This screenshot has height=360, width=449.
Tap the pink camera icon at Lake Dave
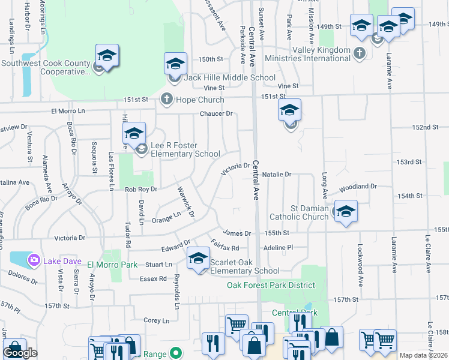coord(34,259)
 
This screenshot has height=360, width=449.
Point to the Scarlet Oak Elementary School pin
coord(197,259)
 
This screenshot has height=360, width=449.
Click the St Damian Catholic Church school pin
coord(346,212)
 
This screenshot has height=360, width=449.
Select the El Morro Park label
coord(112,265)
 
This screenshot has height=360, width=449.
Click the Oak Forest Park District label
coord(271,285)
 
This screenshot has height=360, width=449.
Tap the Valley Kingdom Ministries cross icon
coord(360,54)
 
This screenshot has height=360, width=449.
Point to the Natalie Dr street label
coord(277,175)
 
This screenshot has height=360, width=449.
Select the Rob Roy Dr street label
coord(140,189)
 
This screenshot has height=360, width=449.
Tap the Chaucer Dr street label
coord(216,113)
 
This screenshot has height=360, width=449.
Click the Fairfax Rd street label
coord(226,245)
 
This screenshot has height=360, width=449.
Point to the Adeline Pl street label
coord(277,247)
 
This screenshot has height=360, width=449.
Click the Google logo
coord(20,353)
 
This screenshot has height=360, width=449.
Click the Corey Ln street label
coord(157,321)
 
